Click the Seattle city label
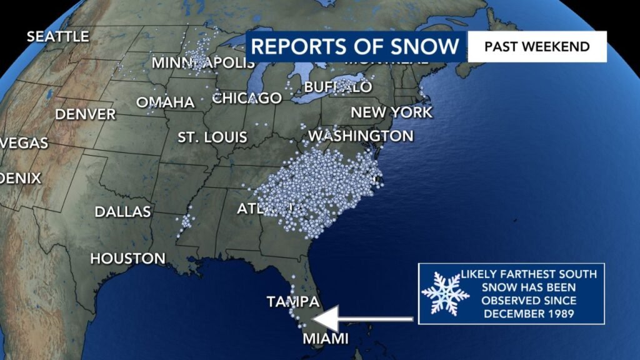(x=57, y=37)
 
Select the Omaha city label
(x=165, y=102)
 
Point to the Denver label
(x=86, y=114)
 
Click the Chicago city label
(x=247, y=98)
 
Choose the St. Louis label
(x=212, y=137)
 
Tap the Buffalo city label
(x=338, y=87)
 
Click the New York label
(x=391, y=112)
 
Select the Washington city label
(x=361, y=136)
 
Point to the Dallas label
(x=122, y=212)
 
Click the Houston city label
(x=127, y=258)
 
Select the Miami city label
(x=324, y=339)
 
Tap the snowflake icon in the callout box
(x=445, y=292)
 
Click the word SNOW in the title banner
(x=421, y=47)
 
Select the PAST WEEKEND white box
(x=537, y=47)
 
